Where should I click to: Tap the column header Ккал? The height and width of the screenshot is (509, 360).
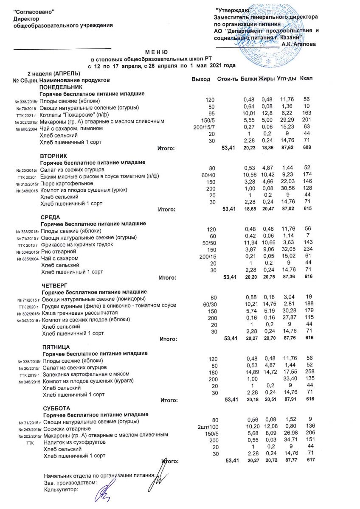(x=306, y=79)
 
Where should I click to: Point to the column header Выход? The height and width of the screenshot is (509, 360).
(x=201, y=80)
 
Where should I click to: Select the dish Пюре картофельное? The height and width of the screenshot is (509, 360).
(x=67, y=183)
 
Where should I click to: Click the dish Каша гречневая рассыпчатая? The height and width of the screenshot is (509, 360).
(x=75, y=312)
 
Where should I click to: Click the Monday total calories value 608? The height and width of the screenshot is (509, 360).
(x=307, y=148)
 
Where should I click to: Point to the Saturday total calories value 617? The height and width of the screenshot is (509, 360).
(x=308, y=461)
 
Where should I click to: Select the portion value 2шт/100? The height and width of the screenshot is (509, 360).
(x=205, y=426)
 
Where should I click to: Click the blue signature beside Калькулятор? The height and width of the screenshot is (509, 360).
(x=103, y=493)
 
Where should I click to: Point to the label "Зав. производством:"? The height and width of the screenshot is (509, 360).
(x=70, y=482)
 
